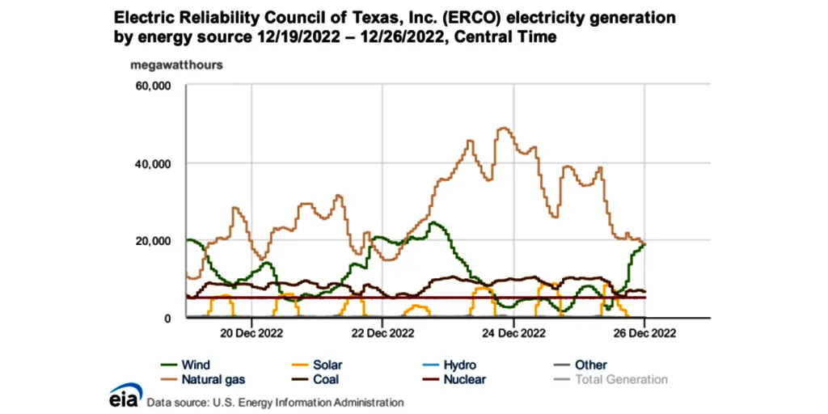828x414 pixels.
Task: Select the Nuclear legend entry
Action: (x=466, y=379)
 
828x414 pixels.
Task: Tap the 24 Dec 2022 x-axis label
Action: (x=513, y=332)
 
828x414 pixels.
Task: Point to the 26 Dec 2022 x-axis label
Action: (x=644, y=332)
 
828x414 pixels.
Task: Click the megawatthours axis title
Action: (x=177, y=64)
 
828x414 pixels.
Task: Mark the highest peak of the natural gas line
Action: (x=504, y=128)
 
